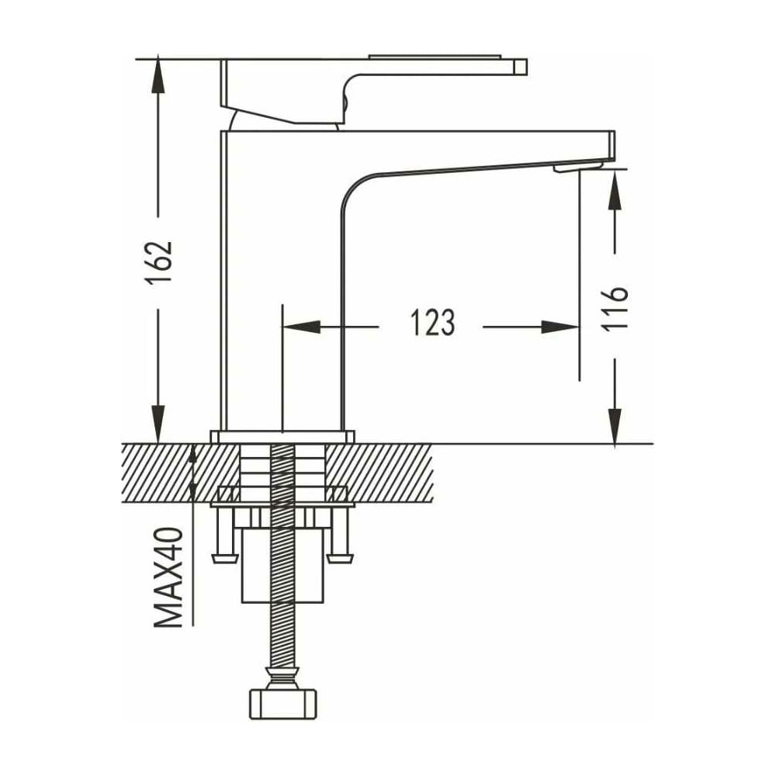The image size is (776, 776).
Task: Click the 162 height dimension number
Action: point(159,262)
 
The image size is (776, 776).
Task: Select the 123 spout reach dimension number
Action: point(432,322)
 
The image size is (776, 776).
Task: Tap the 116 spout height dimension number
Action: point(614,308)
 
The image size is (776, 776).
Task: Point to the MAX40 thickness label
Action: point(168,577)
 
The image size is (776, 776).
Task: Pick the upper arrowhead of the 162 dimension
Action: point(158,75)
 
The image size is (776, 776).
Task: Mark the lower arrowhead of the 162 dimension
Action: point(158,424)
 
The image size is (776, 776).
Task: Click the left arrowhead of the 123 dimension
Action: point(301,327)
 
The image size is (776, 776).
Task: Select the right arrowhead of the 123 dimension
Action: point(560,327)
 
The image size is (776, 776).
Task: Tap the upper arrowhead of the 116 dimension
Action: point(614,188)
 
